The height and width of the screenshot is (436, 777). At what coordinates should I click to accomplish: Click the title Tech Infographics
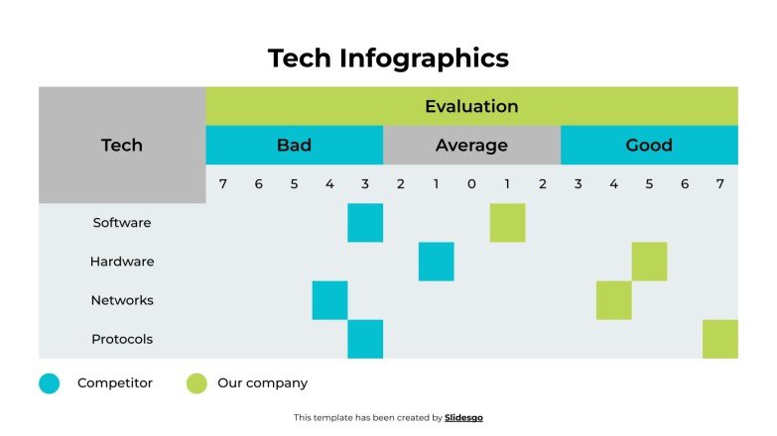click(388, 58)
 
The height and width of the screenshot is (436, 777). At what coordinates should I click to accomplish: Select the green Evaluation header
click(471, 106)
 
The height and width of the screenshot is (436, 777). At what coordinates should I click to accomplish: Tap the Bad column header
click(294, 145)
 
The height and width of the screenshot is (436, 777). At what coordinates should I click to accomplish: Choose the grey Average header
click(471, 145)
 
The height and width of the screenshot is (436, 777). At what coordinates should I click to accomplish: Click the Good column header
click(649, 145)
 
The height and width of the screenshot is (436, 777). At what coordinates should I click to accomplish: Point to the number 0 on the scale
click(471, 183)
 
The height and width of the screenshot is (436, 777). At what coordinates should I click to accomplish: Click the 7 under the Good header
click(720, 183)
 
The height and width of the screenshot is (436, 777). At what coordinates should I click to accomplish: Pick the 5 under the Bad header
click(294, 183)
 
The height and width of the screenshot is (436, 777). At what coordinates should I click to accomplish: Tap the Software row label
click(122, 223)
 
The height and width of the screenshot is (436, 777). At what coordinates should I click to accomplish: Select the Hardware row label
click(122, 262)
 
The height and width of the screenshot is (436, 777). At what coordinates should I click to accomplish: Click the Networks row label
click(122, 300)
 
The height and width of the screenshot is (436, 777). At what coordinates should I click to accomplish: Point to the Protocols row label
click(122, 339)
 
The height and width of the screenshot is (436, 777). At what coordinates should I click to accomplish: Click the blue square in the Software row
click(365, 223)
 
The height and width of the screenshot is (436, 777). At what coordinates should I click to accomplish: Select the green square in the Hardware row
click(649, 262)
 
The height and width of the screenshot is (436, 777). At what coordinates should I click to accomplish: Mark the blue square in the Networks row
click(329, 300)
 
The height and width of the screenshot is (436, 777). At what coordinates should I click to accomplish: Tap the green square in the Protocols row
click(720, 339)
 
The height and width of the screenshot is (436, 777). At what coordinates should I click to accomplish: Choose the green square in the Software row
click(507, 223)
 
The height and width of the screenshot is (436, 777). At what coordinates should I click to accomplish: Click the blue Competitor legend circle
click(50, 383)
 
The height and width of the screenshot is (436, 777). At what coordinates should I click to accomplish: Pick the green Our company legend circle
click(196, 383)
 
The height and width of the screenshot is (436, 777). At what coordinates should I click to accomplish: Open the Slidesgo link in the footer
click(463, 418)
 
